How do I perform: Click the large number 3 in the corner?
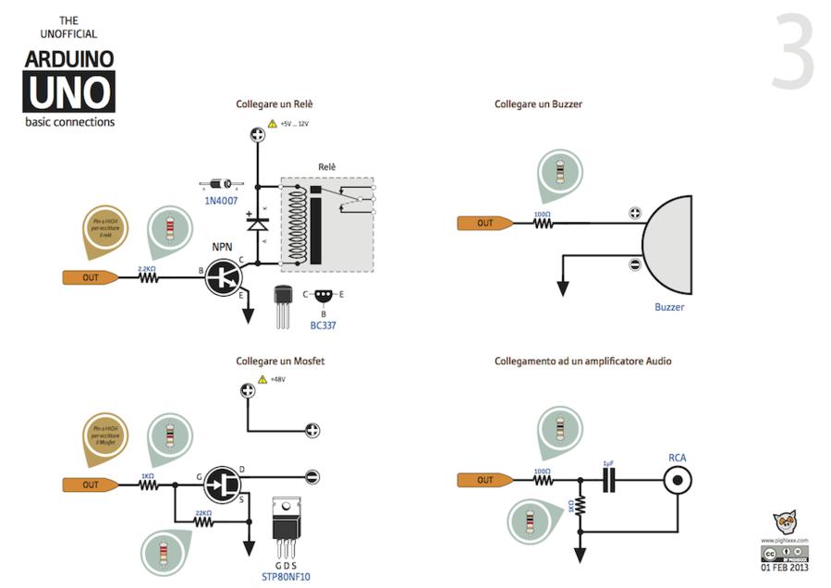point(793,53)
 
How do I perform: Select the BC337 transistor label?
point(323,326)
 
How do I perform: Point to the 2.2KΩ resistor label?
point(147,268)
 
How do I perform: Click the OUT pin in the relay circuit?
point(91,276)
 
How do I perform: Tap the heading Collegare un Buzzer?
point(538,104)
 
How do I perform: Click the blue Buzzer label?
point(669,307)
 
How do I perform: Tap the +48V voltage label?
point(277,379)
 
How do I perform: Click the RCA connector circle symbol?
point(678,480)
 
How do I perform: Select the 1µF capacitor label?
point(607,462)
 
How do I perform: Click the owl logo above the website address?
point(785,524)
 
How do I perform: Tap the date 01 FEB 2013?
point(785,568)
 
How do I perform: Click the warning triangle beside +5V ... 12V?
point(272,123)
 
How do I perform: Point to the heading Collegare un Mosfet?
point(280,361)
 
